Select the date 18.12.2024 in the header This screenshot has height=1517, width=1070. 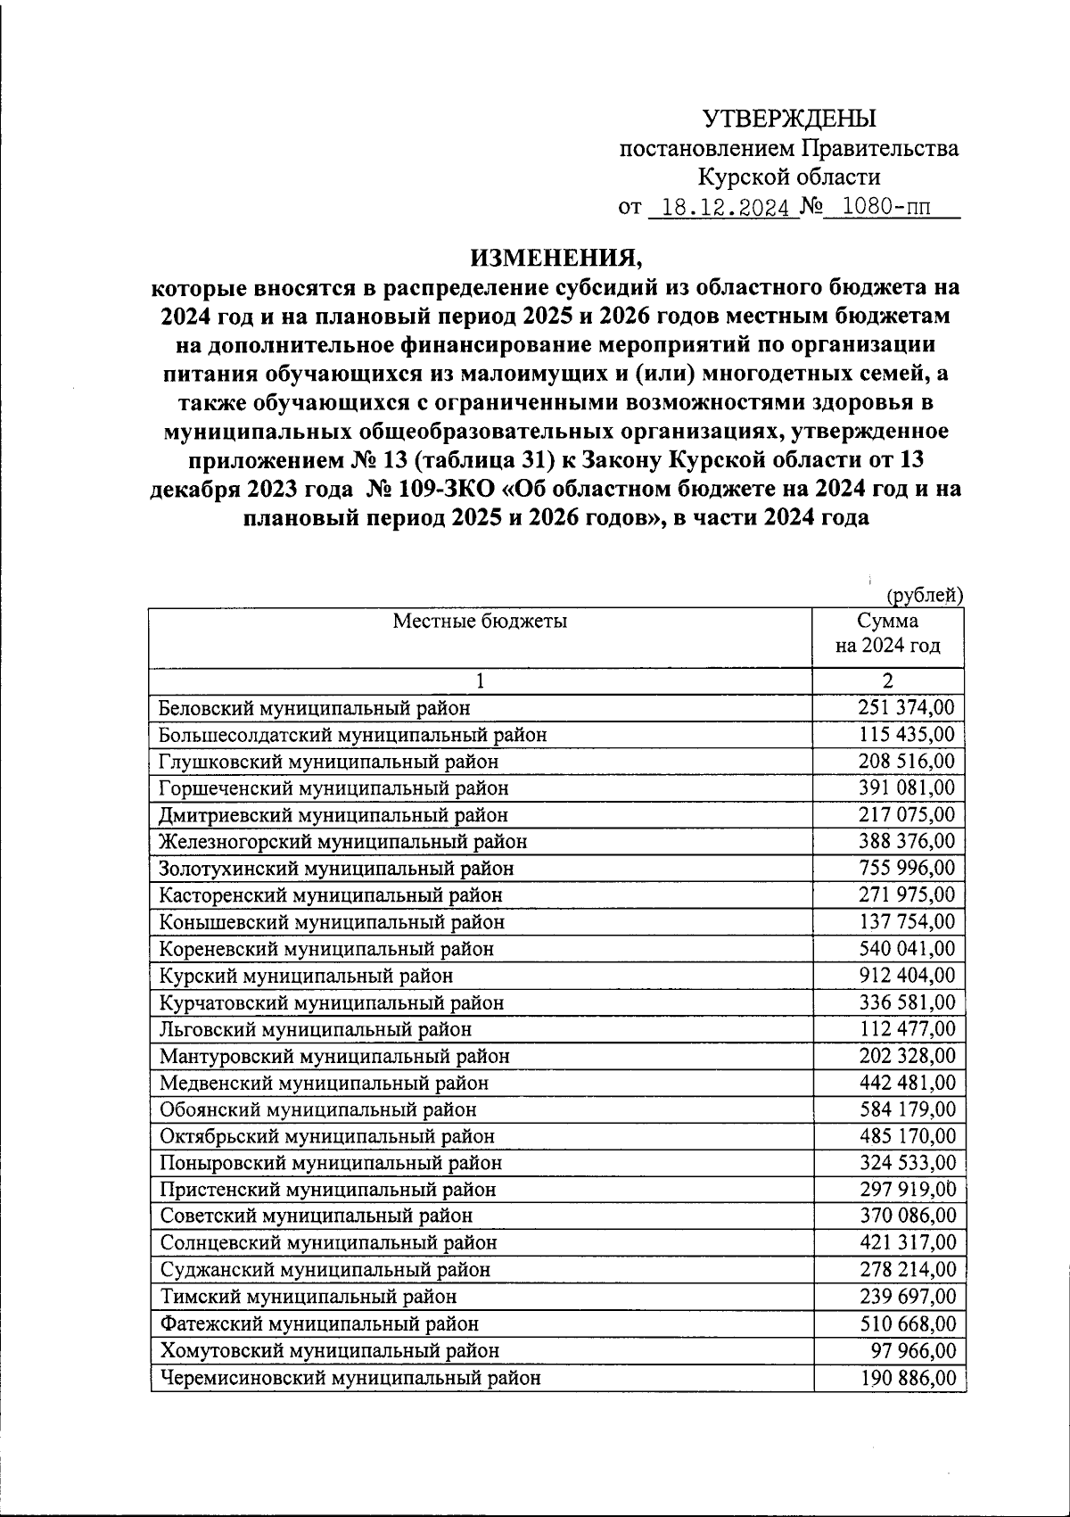point(720,208)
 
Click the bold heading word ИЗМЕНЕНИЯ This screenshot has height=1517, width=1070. point(556,258)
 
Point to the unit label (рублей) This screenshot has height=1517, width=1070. point(925,595)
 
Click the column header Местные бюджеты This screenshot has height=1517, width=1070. point(480,622)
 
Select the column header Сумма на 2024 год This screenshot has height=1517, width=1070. point(887,633)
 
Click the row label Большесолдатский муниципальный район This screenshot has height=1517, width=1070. point(352,735)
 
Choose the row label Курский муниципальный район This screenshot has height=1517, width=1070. point(306,976)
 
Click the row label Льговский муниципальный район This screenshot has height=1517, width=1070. point(315,1029)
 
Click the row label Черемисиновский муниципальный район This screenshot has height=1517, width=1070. point(350,1378)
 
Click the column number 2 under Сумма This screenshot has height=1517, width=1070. point(887,681)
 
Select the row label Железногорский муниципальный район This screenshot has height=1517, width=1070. point(342,842)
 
